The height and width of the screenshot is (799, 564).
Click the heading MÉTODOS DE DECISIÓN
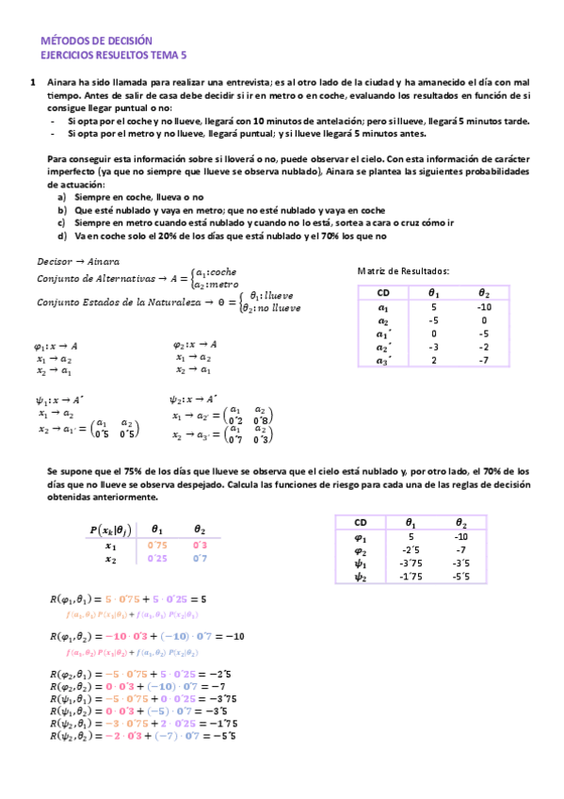tap(97, 41)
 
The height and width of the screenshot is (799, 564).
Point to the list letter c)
tap(62, 222)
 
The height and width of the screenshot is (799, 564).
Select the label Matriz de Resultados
tap(403, 271)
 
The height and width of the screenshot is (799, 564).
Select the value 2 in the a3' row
tap(433, 359)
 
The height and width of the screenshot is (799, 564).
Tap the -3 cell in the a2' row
tap(433, 346)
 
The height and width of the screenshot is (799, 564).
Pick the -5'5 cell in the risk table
tap(460, 576)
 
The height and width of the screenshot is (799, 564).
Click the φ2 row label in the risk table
tap(360, 549)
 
